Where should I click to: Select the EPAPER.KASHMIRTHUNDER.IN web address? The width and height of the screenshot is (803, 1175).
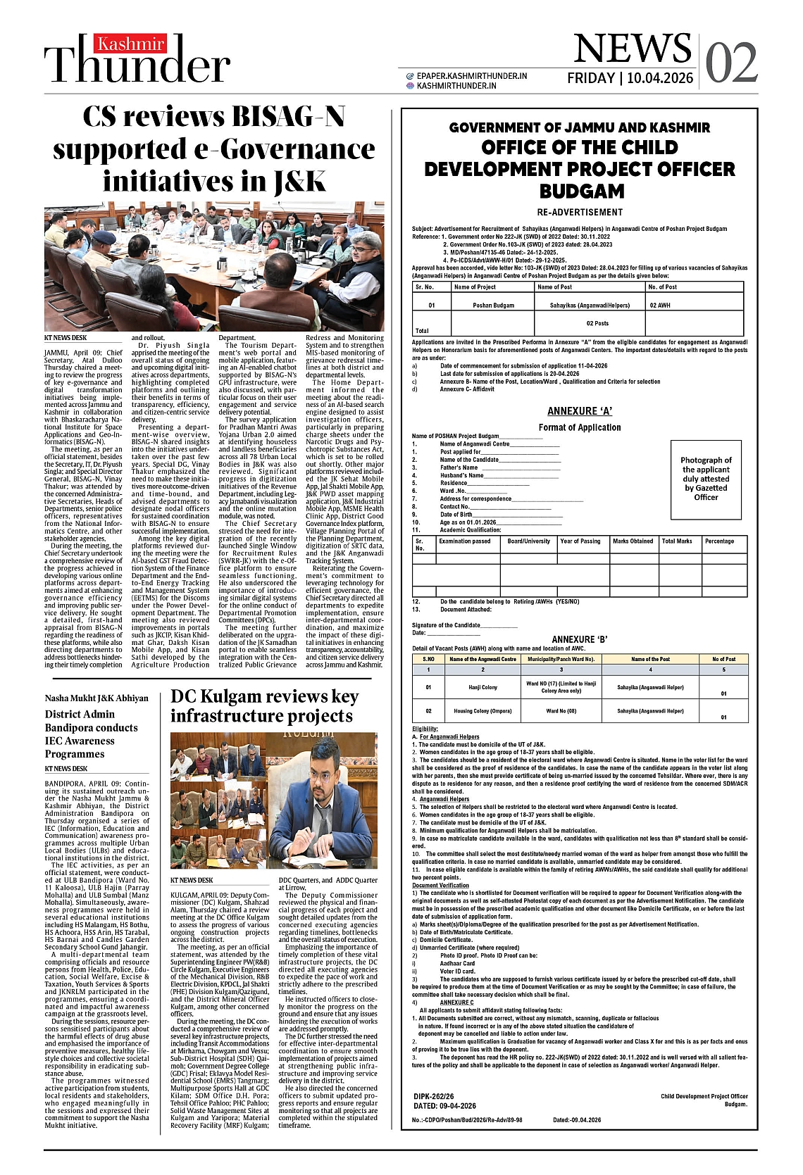click(x=471, y=75)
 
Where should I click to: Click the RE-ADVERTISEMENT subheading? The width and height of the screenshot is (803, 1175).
click(x=580, y=212)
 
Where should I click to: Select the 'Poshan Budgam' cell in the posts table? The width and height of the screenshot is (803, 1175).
click(x=493, y=306)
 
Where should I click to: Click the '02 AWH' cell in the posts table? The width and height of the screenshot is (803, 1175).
click(x=660, y=306)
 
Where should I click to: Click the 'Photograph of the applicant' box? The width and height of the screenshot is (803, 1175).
click(x=706, y=479)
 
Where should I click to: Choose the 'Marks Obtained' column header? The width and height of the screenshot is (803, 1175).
click(x=633, y=541)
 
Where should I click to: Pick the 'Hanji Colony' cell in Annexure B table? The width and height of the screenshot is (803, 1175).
click(x=483, y=687)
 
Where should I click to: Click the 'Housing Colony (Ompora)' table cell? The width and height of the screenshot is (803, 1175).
click(x=483, y=711)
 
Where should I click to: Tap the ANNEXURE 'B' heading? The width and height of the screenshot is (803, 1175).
click(x=580, y=639)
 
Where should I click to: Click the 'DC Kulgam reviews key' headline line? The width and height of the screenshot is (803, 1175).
click(x=265, y=697)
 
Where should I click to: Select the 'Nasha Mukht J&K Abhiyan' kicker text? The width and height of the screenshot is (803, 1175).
click(x=97, y=698)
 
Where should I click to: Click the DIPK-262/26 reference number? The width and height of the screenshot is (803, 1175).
click(x=434, y=1096)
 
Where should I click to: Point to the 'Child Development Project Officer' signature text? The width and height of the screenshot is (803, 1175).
click(x=704, y=1096)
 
